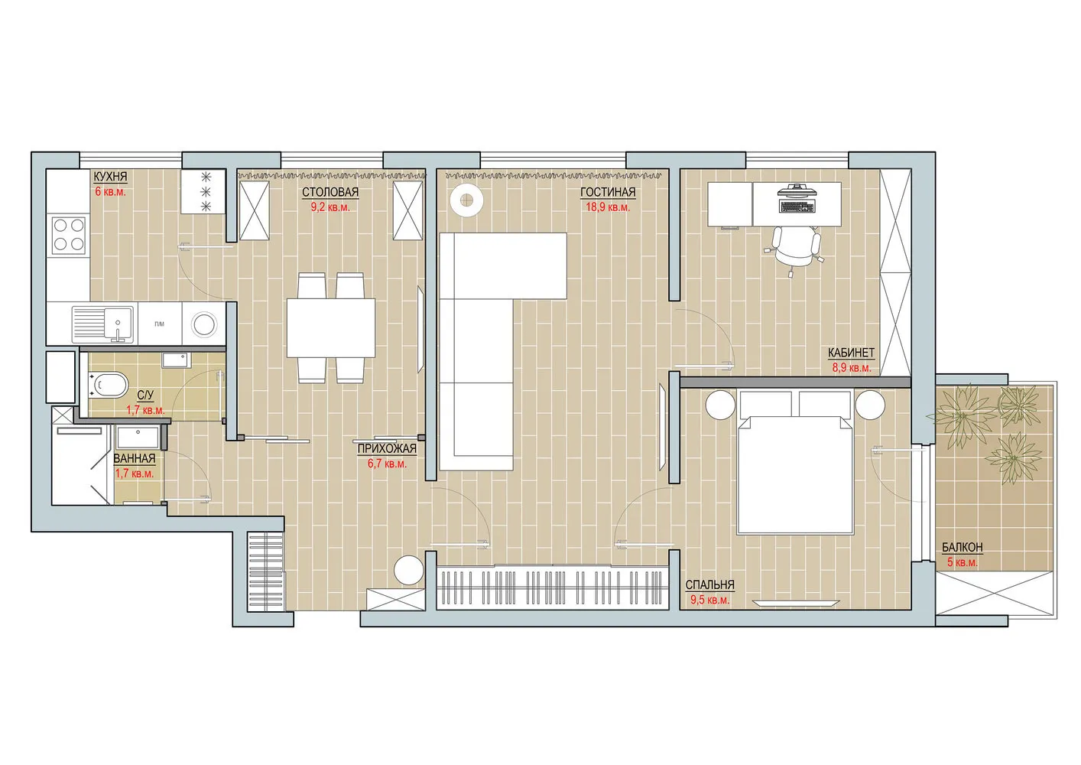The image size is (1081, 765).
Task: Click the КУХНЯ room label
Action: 110,177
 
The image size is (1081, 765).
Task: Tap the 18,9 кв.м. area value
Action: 608,207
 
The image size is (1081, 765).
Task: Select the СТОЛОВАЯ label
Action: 329,192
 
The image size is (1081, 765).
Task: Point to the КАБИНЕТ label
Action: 851,353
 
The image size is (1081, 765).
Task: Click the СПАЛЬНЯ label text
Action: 709,585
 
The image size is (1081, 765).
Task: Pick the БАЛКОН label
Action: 962,548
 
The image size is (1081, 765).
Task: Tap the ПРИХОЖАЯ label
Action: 387,449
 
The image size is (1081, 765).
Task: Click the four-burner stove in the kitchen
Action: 68,235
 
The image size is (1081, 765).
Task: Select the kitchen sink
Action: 103,323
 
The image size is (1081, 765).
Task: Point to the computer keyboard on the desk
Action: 797,205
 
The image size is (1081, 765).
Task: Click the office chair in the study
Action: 795,246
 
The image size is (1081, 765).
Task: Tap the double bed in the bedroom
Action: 795,474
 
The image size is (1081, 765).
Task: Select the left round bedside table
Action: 719,404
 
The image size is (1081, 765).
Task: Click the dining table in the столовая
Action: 331,327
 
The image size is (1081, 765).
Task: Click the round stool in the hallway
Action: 408,571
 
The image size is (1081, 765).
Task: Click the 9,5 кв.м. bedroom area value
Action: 709,601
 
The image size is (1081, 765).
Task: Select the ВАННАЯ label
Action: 135,459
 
